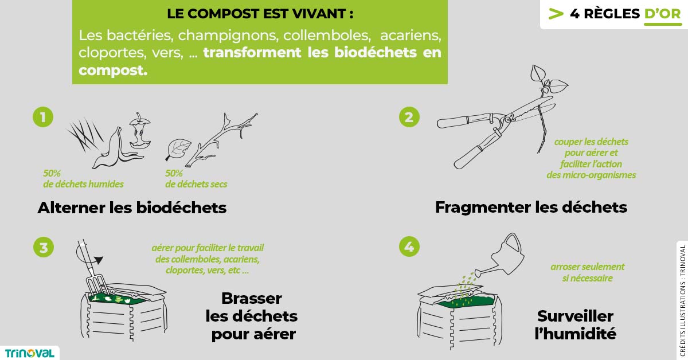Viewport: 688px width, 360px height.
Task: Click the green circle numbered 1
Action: [43, 117]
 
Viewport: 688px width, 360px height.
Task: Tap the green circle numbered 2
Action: [409, 117]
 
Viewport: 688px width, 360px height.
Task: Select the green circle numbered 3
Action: [43, 247]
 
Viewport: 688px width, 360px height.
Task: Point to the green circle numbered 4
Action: [409, 247]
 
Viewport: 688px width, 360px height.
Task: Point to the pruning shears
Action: [493, 126]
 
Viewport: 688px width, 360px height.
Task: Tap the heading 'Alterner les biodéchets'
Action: [132, 208]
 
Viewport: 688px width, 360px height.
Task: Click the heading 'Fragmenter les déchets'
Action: [531, 207]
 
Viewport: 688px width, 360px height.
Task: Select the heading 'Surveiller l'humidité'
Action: [575, 324]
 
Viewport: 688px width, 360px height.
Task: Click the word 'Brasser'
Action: [252, 298]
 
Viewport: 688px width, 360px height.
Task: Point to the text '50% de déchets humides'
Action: [83, 178]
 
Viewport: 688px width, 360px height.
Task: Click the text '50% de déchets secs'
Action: [196, 178]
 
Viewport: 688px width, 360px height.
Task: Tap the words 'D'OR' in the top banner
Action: [662, 14]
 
